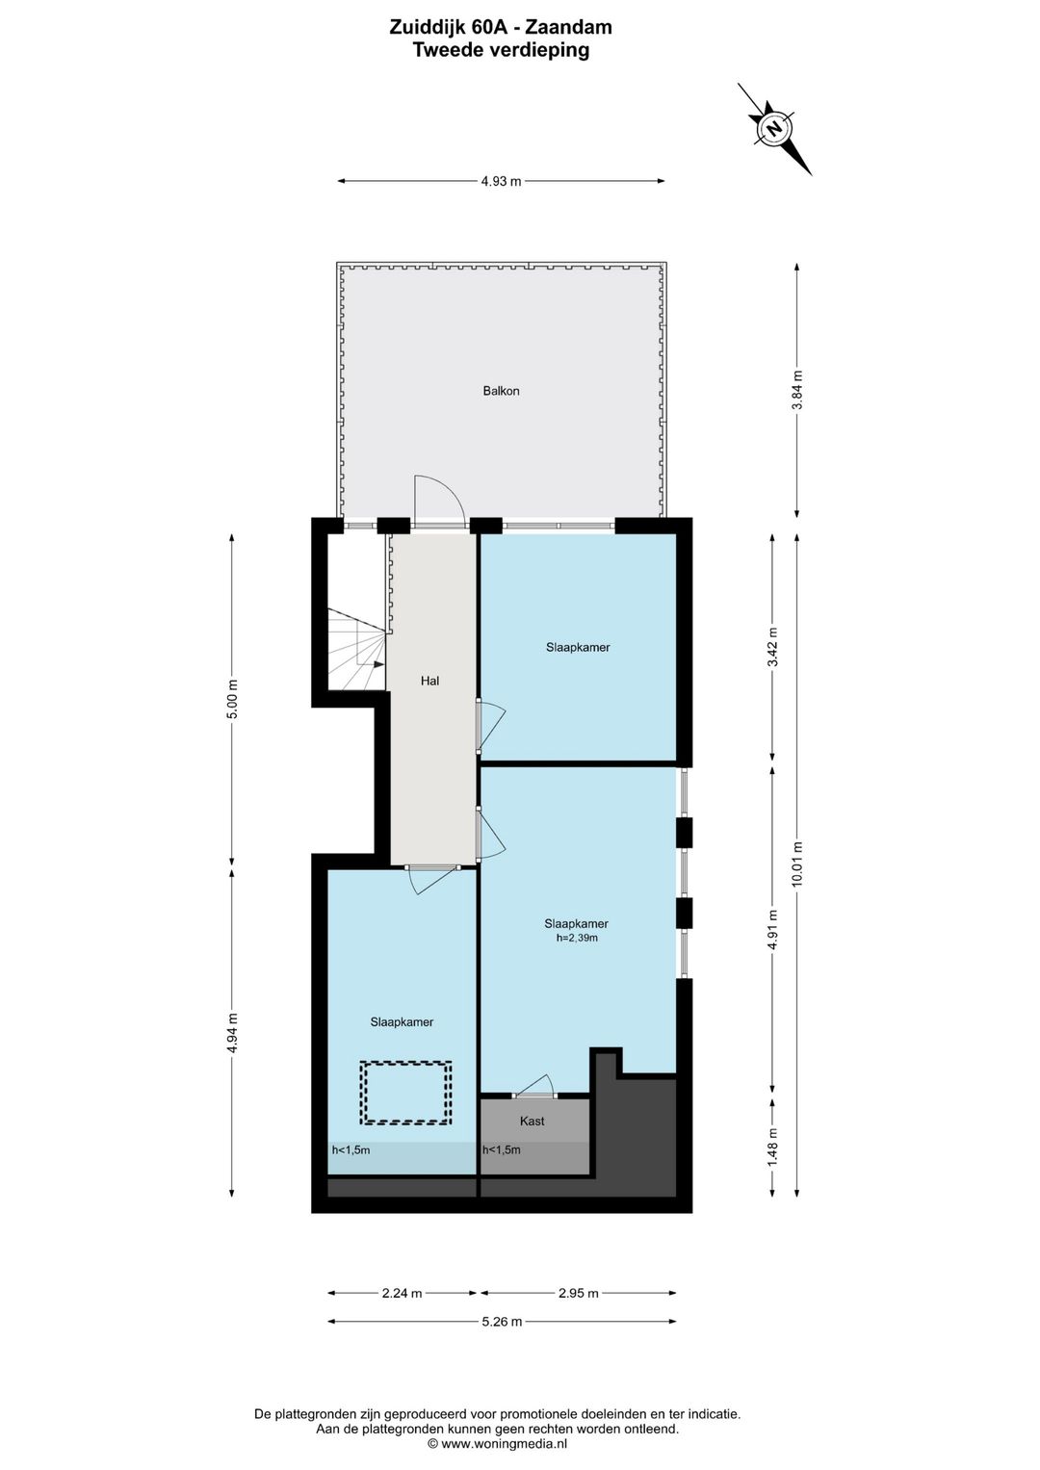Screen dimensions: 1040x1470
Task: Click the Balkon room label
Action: point(501,391)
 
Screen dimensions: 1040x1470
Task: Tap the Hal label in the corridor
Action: point(429,681)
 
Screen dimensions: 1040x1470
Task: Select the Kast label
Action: point(532,1121)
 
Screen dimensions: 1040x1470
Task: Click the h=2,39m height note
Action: point(577,938)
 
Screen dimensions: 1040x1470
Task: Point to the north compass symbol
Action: point(775,129)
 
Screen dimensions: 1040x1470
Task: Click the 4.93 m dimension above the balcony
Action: point(501,181)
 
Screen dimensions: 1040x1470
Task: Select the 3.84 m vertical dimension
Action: point(797,390)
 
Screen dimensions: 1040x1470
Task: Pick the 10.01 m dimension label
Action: point(797,864)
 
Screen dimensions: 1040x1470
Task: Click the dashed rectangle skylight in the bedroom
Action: point(405,1093)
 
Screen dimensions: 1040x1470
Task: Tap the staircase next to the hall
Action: point(356,650)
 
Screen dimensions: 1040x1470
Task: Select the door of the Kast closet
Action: point(535,1086)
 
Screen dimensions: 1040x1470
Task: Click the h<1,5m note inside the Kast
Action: point(502,1149)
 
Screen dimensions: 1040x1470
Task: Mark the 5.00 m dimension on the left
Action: point(232,698)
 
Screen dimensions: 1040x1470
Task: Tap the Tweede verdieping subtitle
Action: point(501,50)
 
